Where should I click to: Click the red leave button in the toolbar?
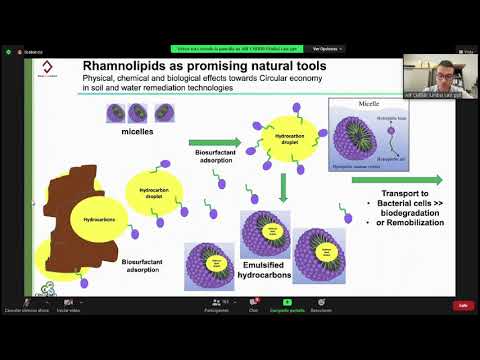[x=462, y=305]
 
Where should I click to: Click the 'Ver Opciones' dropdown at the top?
[x=329, y=48]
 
